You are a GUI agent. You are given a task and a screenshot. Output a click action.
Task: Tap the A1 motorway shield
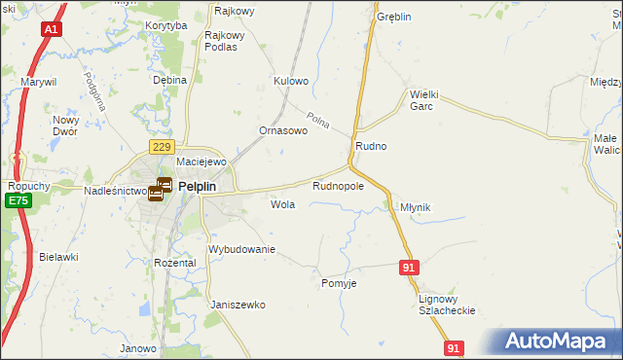51,31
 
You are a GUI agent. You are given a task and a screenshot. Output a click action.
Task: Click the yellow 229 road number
162,146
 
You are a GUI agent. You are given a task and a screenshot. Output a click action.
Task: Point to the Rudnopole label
338,185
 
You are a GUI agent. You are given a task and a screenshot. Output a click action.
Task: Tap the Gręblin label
394,18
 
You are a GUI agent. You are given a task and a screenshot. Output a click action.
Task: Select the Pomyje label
339,283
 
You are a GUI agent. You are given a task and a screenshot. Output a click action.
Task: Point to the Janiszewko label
238,305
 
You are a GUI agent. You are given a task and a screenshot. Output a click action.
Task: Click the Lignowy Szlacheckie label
446,304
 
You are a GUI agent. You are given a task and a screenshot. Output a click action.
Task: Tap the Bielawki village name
59,257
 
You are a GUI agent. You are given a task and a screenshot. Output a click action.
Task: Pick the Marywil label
42,83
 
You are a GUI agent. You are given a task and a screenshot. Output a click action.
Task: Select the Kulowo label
291,81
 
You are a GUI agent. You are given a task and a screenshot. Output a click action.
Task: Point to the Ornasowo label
283,130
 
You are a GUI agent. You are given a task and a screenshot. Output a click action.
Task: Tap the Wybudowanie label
243,249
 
